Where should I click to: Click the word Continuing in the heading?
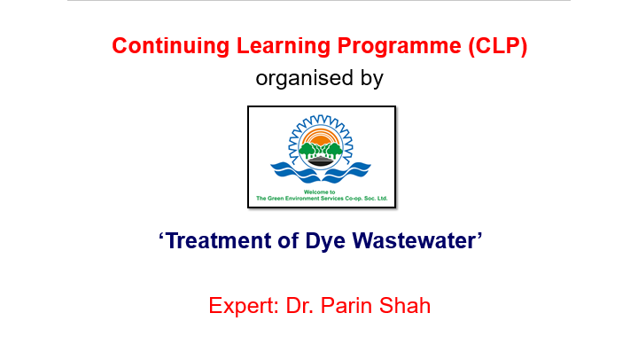pos(171,46)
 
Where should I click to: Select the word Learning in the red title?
pos(284,46)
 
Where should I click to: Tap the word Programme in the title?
pos(400,46)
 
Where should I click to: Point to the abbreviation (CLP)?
pos(498,46)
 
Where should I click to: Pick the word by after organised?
pos(372,79)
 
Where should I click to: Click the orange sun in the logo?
pos(321,137)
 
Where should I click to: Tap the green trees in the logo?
pos(321,150)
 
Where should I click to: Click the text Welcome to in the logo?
pos(319,192)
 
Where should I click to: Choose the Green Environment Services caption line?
pos(322,199)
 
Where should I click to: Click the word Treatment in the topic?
pos(219,240)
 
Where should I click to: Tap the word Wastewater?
pos(414,240)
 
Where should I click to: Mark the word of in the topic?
pos(288,240)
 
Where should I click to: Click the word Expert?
pos(244,305)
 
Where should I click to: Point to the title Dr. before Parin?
pos(300,305)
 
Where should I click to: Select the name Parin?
pos(346,305)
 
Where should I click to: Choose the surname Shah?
pos(405,305)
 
